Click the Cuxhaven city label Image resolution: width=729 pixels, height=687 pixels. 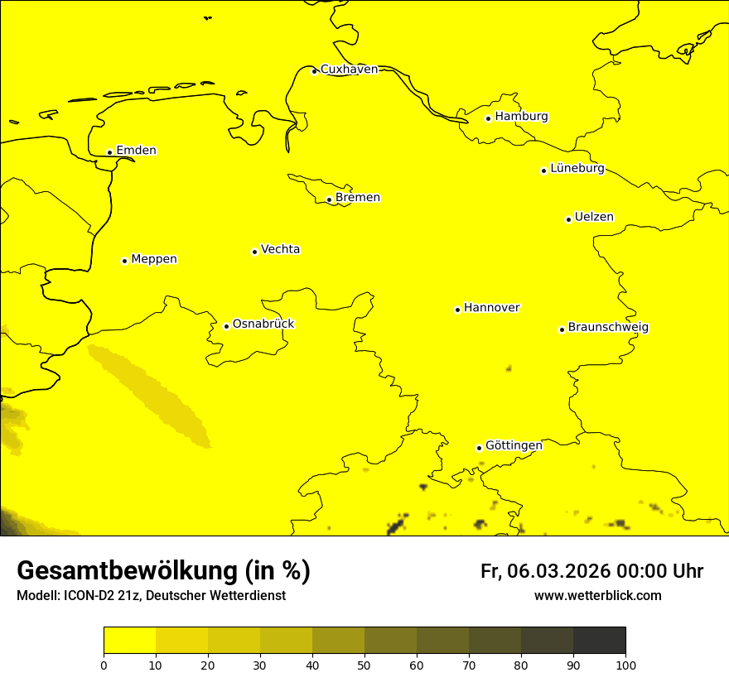point(349,69)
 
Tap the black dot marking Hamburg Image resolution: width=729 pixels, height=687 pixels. point(489,118)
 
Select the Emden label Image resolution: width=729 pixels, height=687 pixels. point(136,150)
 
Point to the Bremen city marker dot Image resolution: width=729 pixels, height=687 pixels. point(329,199)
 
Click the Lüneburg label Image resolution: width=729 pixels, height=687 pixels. point(577,168)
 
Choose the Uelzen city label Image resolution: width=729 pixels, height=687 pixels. point(594,217)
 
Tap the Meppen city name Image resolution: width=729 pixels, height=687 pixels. point(154,259)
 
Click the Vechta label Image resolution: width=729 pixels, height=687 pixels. point(280,249)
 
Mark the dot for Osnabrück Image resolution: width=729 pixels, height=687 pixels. point(226,326)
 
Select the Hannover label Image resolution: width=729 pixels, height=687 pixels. point(491,307)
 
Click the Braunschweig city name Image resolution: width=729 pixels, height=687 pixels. point(608,327)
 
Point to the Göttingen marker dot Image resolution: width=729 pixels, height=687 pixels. point(479,448)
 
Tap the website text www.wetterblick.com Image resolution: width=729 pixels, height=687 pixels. point(597,595)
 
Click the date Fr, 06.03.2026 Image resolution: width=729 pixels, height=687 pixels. point(545,571)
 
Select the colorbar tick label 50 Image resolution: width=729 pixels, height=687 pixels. point(364,665)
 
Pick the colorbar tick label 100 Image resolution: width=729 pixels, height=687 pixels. point(625,665)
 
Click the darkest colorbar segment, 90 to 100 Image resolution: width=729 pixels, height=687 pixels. point(599,640)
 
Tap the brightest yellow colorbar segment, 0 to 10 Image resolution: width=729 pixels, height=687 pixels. point(129,640)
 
